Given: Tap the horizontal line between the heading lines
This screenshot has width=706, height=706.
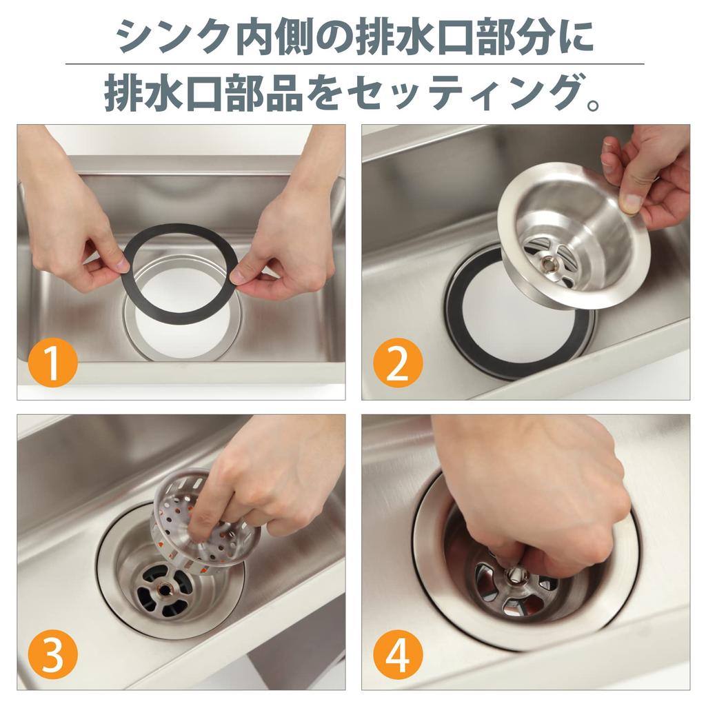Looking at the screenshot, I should [353, 64].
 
